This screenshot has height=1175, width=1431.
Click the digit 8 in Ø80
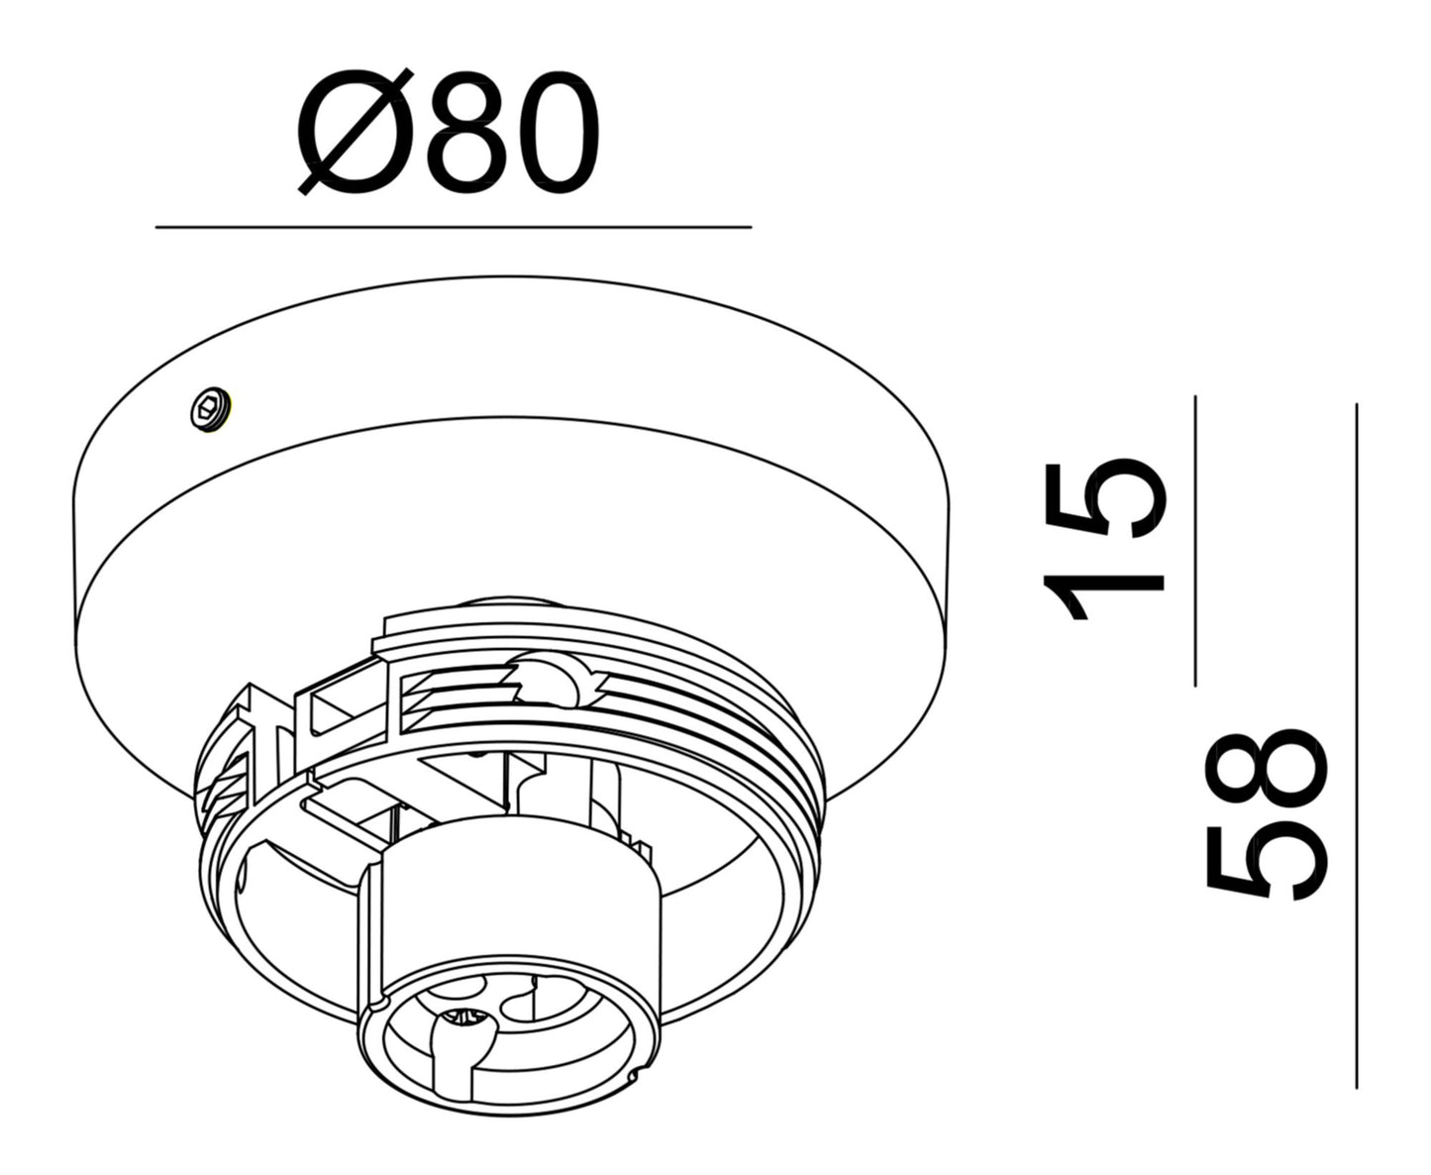coord(462,133)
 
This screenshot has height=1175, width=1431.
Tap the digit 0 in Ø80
coord(554,133)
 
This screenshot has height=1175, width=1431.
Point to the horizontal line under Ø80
coord(453,227)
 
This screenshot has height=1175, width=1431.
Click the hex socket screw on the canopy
coord(210,409)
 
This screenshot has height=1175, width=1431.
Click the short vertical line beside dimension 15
coord(1195,540)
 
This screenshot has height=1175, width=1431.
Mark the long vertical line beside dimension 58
coord(1356,743)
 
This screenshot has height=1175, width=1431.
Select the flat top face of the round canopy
coord(515,347)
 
